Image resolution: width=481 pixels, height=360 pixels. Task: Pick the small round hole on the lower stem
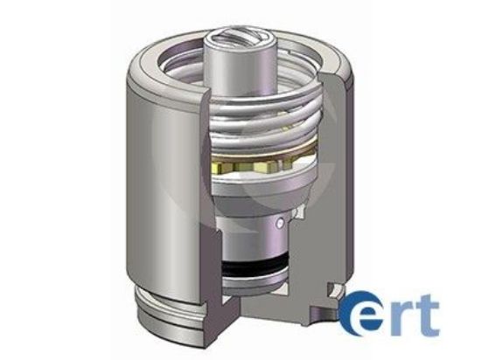[x=278, y=225]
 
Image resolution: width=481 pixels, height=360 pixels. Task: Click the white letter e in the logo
[x=366, y=315]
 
